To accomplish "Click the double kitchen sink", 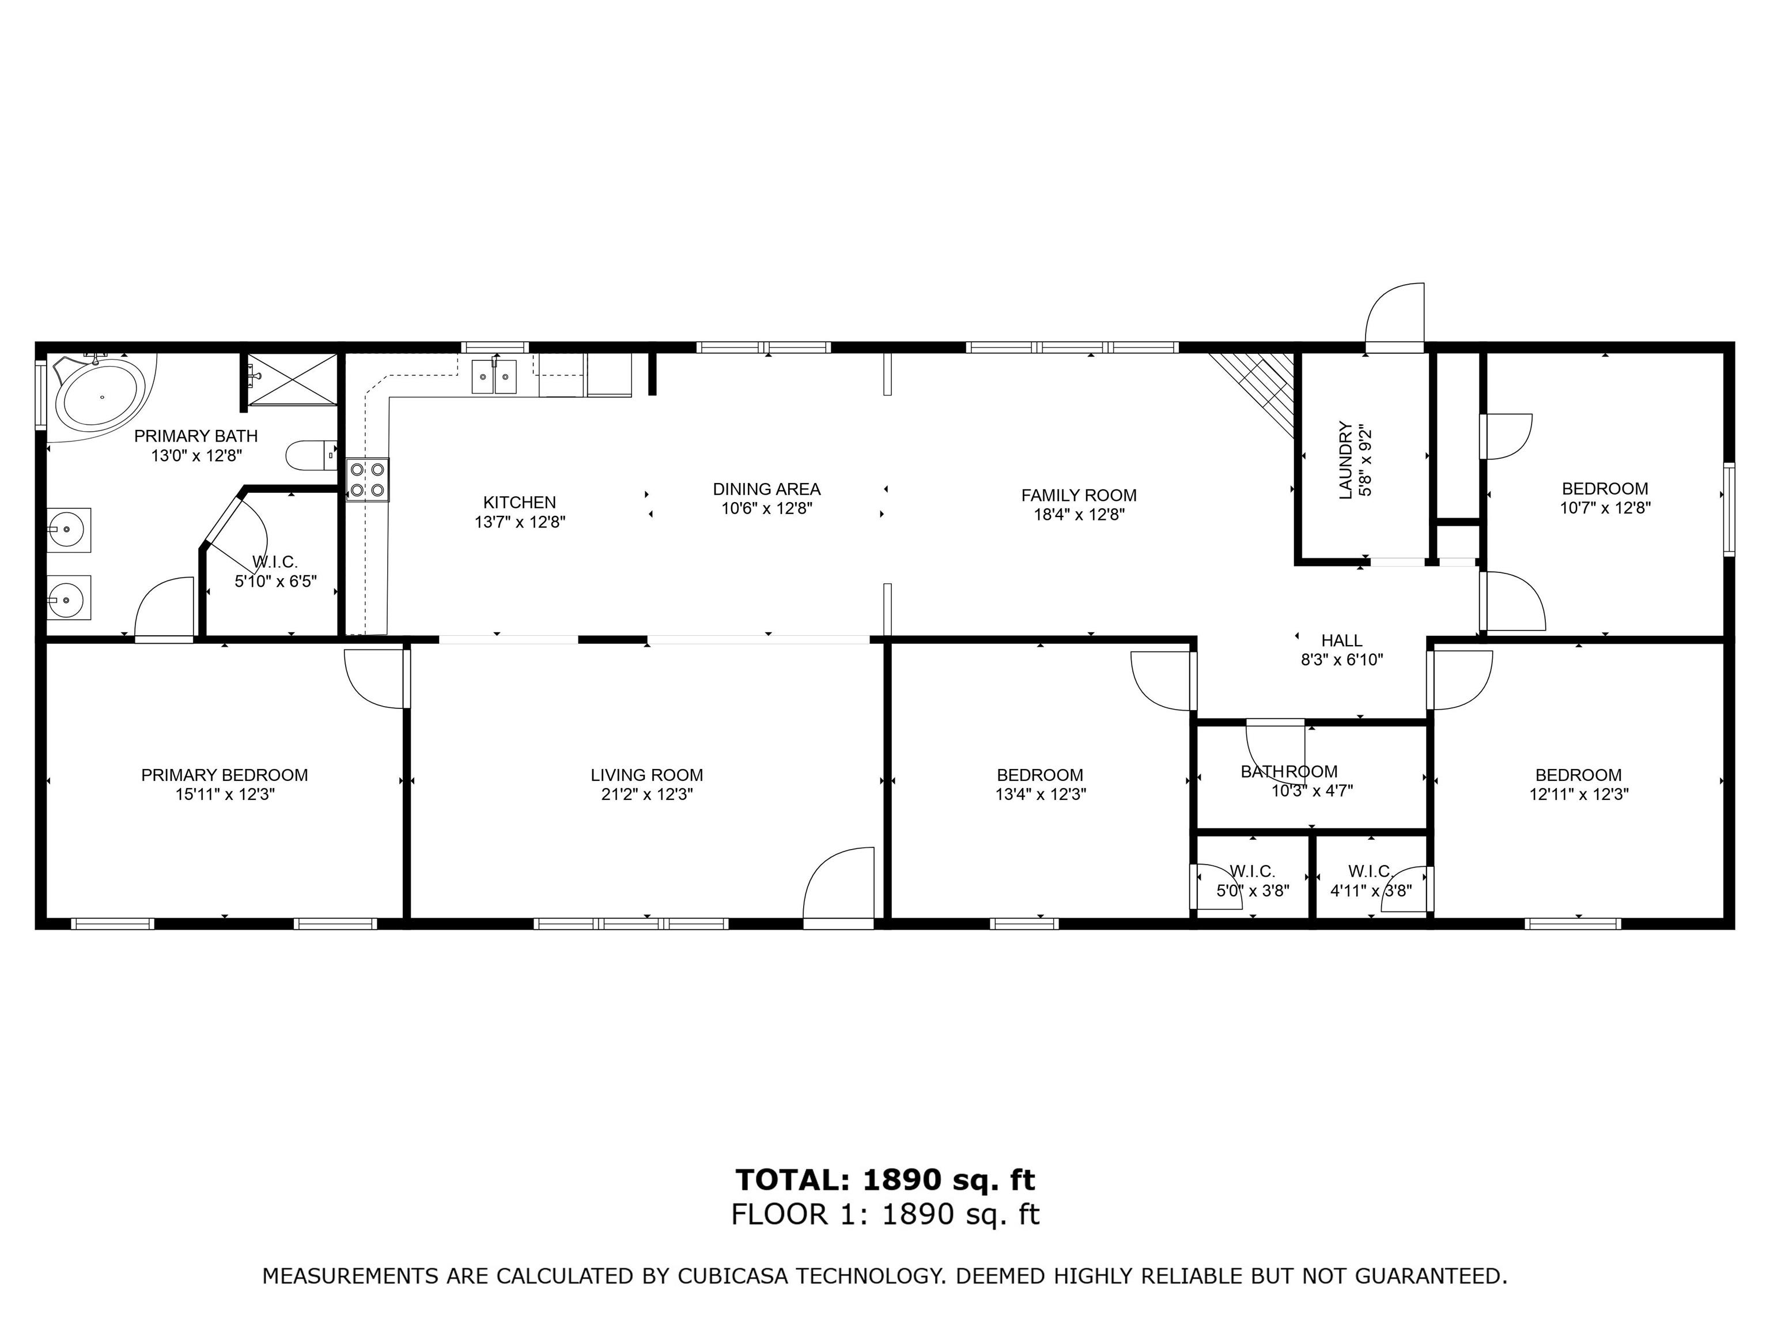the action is click(x=494, y=377).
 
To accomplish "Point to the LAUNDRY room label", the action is click(x=1345, y=461).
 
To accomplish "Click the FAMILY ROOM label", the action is click(x=1079, y=496).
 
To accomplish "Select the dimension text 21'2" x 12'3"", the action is click(x=646, y=795).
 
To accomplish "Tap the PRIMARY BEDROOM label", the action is click(x=224, y=775).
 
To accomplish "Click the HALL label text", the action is click(x=1342, y=640).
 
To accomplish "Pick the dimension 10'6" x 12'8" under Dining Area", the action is click(x=766, y=508).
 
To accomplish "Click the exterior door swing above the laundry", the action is click(x=1395, y=317).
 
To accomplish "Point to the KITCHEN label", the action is click(x=519, y=503).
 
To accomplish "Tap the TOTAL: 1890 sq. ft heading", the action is click(x=885, y=1179).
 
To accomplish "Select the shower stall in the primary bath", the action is click(x=292, y=379).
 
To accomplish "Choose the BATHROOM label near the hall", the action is click(x=1289, y=772).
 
